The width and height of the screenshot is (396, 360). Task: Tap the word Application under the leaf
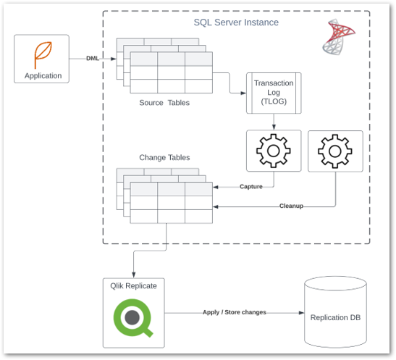pos(43,75)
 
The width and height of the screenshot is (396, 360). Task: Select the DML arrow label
pos(93,59)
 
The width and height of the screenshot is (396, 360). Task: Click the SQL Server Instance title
pos(235,22)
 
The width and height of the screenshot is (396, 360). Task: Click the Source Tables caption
pos(164,103)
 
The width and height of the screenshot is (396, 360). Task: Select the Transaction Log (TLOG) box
pos(273,93)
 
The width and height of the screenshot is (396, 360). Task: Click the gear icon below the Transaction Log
pos(273,151)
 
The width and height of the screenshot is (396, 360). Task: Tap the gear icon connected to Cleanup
pos(334,151)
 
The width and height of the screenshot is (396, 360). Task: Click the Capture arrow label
pos(251,187)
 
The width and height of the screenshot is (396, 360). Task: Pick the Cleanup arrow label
pos(291,206)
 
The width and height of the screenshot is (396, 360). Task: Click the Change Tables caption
pos(164,157)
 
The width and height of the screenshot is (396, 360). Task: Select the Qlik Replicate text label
pos(134,286)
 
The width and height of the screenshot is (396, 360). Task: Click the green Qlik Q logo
pos(134,318)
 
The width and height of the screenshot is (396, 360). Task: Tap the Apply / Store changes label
pos(234,312)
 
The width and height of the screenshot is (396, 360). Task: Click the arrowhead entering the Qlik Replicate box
pos(134,274)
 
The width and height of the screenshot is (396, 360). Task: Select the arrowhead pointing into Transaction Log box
pos(244,93)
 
